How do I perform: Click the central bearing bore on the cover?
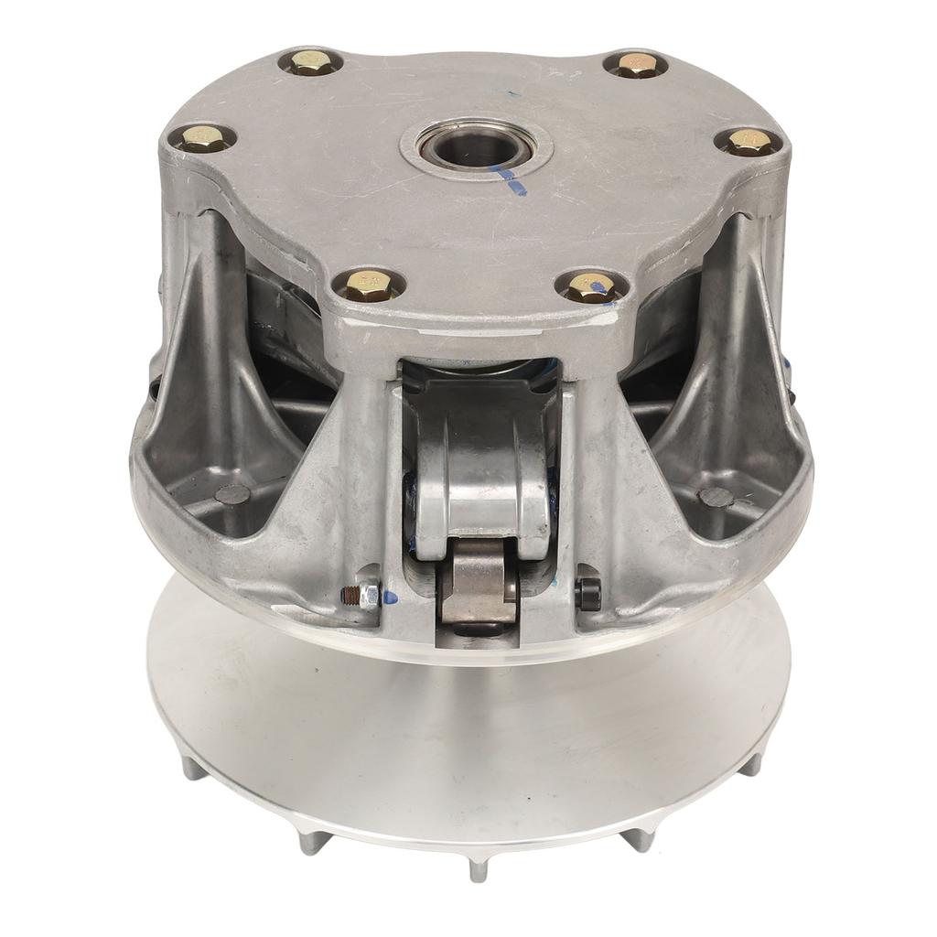click(x=476, y=145)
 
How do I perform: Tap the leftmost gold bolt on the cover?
click(x=203, y=138)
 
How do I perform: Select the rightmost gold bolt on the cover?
click(x=749, y=141)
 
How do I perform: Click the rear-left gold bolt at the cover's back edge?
click(x=311, y=62)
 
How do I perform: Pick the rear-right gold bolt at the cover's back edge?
click(x=636, y=64)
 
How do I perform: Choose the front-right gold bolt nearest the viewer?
click(x=590, y=287)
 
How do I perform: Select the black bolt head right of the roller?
click(x=587, y=594)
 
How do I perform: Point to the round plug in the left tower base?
click(x=232, y=494)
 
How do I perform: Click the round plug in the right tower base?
click(x=716, y=497)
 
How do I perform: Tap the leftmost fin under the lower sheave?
click(x=193, y=767)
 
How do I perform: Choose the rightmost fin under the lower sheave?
click(x=752, y=764)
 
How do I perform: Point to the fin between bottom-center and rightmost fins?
click(x=641, y=838)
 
